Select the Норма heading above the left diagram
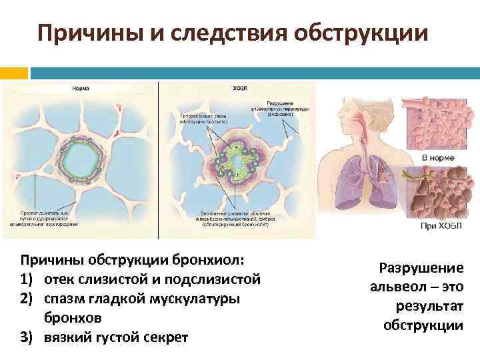(x=81, y=88)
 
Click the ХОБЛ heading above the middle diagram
(x=237, y=88)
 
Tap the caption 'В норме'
(x=438, y=158)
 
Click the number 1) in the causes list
(x=29, y=277)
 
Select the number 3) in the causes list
(x=29, y=335)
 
